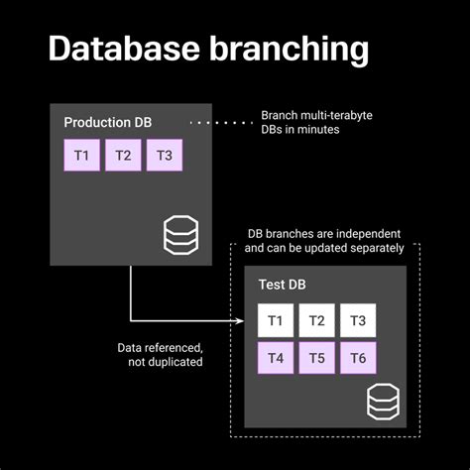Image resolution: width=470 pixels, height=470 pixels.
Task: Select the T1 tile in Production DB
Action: point(81,156)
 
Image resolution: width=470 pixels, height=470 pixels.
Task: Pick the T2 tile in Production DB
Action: point(122,156)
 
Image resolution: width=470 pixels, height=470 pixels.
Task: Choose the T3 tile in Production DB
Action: point(164,156)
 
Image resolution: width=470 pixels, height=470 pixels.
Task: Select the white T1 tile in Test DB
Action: point(276,319)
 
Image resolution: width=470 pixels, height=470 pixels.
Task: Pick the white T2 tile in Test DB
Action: point(317,319)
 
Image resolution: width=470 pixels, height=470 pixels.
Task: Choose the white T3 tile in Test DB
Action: point(358,319)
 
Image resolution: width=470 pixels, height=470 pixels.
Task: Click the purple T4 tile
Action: point(276,358)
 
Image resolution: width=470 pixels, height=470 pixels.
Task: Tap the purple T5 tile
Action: point(317,358)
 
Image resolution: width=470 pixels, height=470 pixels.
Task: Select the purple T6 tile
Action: point(358,358)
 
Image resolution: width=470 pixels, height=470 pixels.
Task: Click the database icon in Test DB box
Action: point(383,402)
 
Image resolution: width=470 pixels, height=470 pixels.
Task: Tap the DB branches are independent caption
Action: point(324,241)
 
